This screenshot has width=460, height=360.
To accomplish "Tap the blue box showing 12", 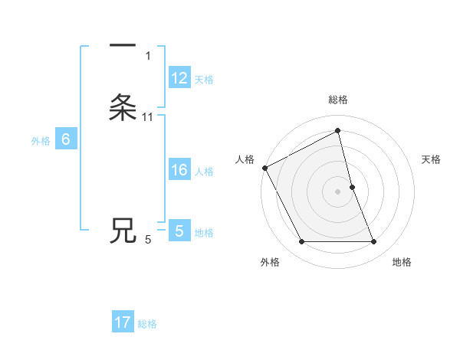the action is [179, 78].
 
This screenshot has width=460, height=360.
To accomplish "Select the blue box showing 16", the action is [179, 170].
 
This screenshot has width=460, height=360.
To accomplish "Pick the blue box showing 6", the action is [66, 139].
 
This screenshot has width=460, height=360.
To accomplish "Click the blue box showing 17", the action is [123, 322].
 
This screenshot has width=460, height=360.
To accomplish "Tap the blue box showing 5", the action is [179, 231].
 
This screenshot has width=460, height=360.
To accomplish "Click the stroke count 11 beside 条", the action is [148, 117].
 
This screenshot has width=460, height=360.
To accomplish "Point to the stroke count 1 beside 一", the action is [148, 56].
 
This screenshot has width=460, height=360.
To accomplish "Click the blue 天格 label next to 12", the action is [204, 80].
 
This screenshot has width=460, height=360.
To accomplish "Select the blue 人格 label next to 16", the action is [204, 172].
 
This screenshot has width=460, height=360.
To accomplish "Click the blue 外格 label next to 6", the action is [41, 141].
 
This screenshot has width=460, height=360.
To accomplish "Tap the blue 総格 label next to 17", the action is [147, 324].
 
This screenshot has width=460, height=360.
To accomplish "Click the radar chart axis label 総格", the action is [338, 100].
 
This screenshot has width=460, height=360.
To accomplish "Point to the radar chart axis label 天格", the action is [432, 159].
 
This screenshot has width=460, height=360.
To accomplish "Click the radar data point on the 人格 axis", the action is [264, 168].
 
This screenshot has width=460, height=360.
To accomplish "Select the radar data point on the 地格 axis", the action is [374, 242].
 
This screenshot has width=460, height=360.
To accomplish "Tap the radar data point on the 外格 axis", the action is [301, 242].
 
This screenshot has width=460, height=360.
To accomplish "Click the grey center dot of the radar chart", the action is [338, 191].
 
